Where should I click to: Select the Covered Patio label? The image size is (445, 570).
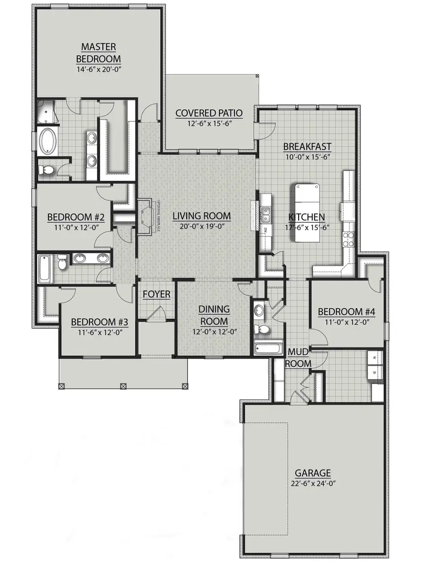pyautogui.click(x=209, y=113)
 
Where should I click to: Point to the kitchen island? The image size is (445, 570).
pyautogui.click(x=307, y=213)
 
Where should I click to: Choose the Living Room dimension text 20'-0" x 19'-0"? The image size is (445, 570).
pyautogui.click(x=201, y=227)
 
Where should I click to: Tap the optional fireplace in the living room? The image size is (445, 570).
pyautogui.click(x=146, y=216)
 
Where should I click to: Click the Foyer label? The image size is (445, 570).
pyautogui.click(x=157, y=295)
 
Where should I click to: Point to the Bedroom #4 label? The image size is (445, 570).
pyautogui.click(x=346, y=312)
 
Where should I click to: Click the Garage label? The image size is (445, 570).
pyautogui.click(x=313, y=473)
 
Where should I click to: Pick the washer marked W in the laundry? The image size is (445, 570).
pyautogui.click(x=374, y=356)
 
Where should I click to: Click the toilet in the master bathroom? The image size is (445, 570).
pyautogui.click(x=47, y=171)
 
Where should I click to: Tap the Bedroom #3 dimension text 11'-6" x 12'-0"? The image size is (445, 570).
pyautogui.click(x=100, y=332)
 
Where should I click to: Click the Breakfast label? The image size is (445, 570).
pyautogui.click(x=307, y=146)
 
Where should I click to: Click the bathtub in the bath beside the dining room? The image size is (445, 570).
pyautogui.click(x=267, y=348)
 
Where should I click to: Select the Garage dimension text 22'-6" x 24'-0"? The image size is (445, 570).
pyautogui.click(x=313, y=484)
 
